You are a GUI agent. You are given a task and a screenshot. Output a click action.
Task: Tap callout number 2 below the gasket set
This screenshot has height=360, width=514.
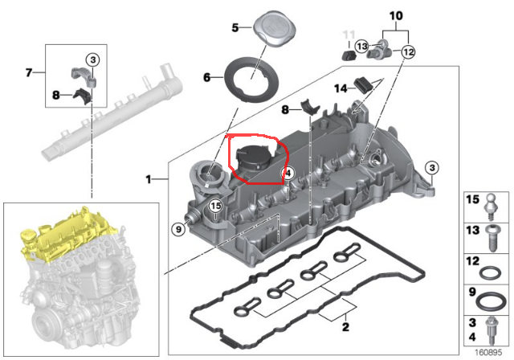coord(345,327)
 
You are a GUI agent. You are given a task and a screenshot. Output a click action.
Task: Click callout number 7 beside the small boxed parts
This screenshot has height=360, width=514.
coord(29,73)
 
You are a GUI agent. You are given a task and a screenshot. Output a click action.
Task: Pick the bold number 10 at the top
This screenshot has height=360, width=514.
coord(394,15)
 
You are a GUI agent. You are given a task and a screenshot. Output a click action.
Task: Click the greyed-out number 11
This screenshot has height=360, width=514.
coord(348,35)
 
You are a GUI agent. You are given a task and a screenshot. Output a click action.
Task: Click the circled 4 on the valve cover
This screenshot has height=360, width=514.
coord(287,173)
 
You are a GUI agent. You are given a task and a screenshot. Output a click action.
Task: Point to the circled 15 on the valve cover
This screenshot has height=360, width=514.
coord(215,207)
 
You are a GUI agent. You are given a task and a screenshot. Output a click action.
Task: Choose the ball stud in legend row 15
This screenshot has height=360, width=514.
coord(492,206)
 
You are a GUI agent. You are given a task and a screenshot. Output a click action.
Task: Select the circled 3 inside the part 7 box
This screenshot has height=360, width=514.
coord(92,60)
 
